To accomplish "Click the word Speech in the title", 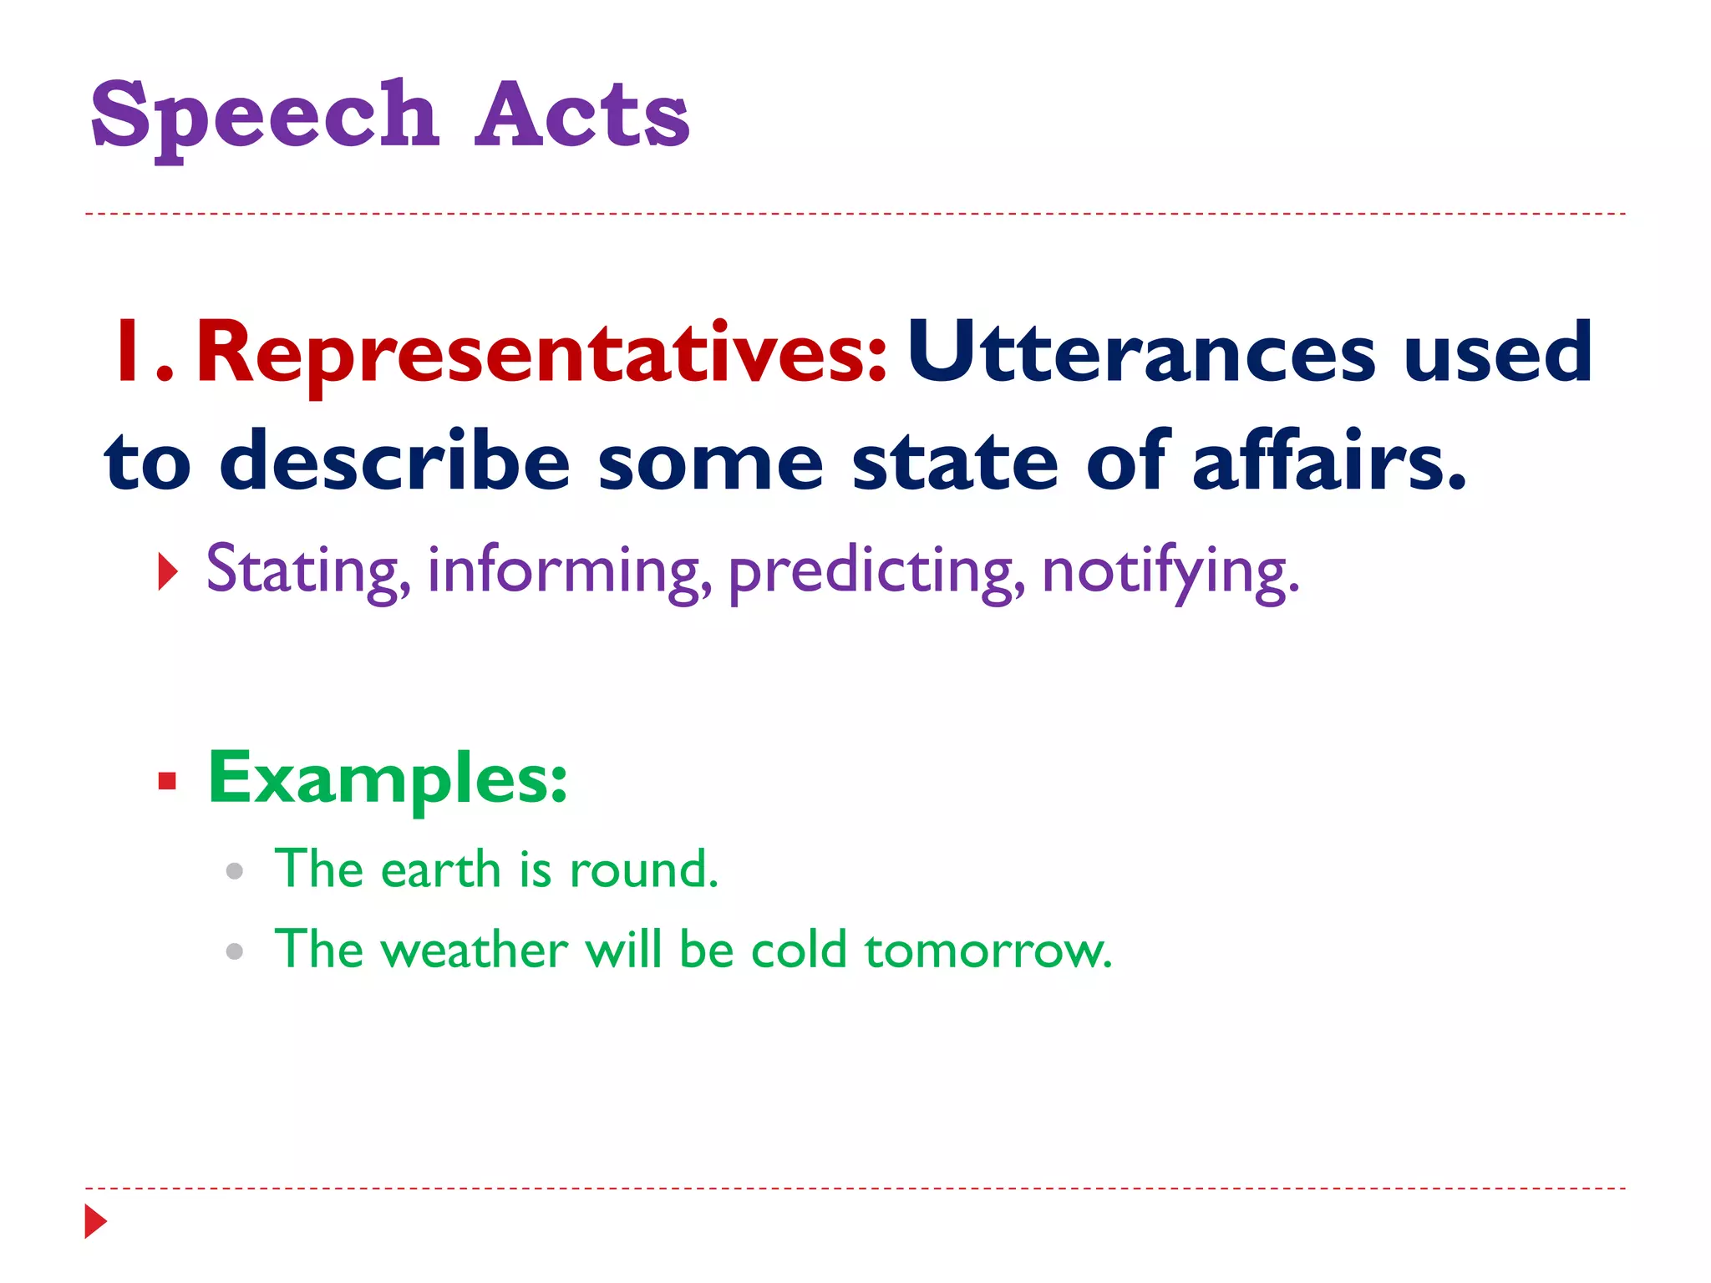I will point(265,117).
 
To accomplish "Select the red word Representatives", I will point(541,354).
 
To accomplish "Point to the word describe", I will point(394,461).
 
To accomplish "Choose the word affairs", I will point(1328,461).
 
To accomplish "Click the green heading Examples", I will point(387,778).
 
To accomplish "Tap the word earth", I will point(440,870).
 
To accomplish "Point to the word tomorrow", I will point(988,951).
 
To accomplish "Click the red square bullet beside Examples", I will point(167,781).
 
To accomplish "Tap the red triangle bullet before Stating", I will point(168,573).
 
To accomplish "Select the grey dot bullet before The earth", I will point(235,871).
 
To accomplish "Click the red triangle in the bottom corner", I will point(95,1221).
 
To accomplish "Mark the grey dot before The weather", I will point(235,951).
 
